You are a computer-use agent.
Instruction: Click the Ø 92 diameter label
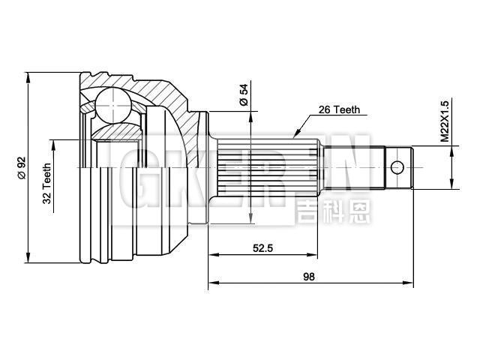(21, 166)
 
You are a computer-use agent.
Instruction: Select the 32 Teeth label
(47, 183)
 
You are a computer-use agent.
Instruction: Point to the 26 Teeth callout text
(339, 109)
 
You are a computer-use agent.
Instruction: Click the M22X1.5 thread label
(444, 121)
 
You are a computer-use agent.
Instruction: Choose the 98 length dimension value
(309, 276)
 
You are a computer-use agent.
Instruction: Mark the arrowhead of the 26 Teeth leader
(296, 137)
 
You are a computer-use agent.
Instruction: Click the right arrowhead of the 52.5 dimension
(320, 256)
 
